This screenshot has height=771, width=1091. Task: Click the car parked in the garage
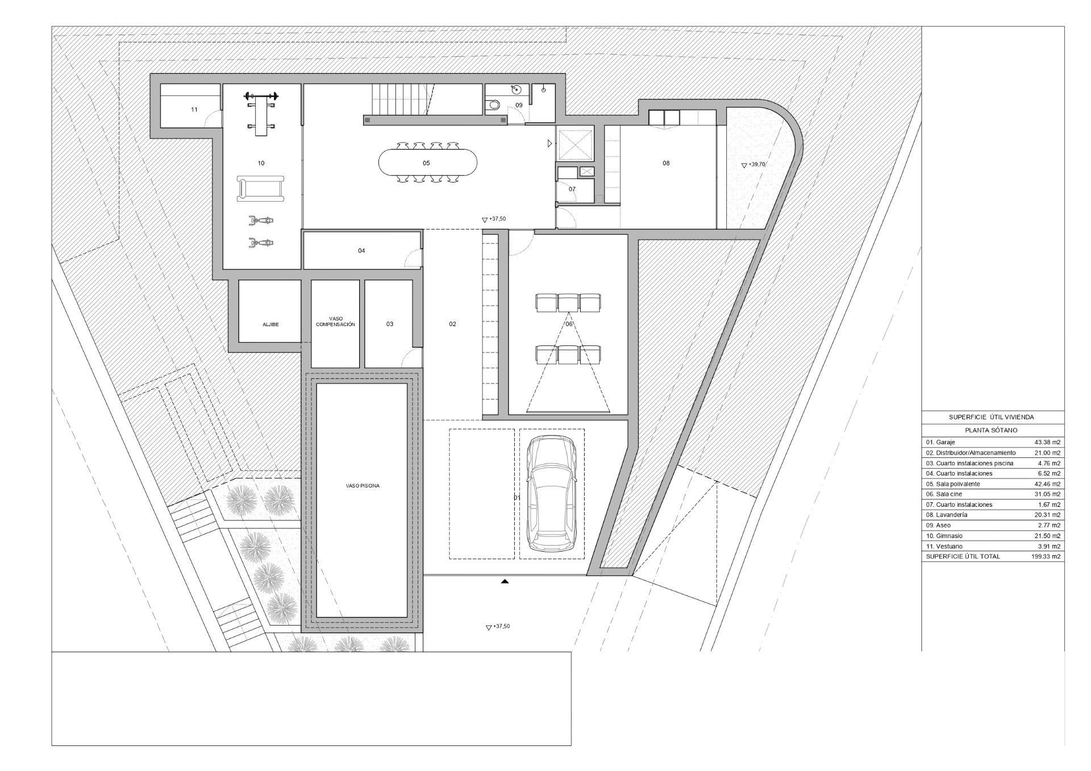coord(552,493)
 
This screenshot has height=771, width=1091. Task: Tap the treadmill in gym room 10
coord(260,189)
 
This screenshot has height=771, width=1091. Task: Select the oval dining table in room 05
coord(427,163)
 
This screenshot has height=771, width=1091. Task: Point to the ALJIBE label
coord(270,324)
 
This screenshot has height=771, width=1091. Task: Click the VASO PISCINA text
coord(363,486)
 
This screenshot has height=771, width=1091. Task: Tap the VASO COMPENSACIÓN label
coord(335,322)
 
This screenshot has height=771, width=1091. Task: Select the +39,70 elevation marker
coord(753,165)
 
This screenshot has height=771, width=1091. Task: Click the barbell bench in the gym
coord(261,113)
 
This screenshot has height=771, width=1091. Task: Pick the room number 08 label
coord(666,163)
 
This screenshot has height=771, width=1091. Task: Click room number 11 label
coord(194,110)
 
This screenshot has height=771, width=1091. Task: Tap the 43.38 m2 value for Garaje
coord(1047,442)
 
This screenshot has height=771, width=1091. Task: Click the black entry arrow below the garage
coord(505,581)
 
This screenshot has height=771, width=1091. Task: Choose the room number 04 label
coord(361,251)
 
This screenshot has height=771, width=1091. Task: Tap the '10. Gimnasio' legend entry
coord(944,536)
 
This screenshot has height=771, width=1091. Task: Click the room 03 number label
coord(390,324)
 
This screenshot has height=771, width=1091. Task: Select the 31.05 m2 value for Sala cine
coord(1047,494)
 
